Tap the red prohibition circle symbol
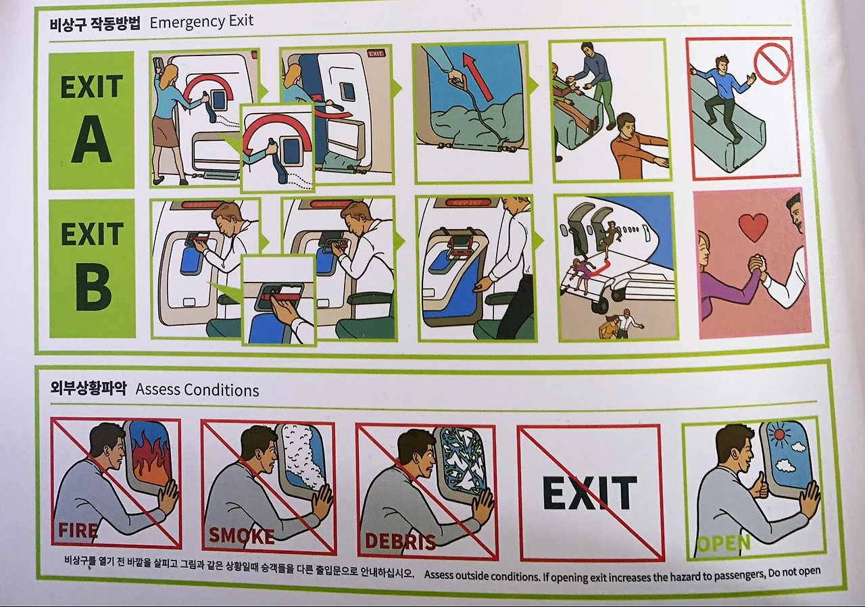pos(772,64)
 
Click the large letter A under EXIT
pos(91,139)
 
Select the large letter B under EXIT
pos(93,287)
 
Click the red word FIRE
pos(78,530)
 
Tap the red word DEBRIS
pos(400,541)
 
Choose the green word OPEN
pos(724,543)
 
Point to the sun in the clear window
pos(779,435)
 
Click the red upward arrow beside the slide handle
pos(477,76)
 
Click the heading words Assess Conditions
pos(197,390)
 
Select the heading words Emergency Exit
pos(201,22)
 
